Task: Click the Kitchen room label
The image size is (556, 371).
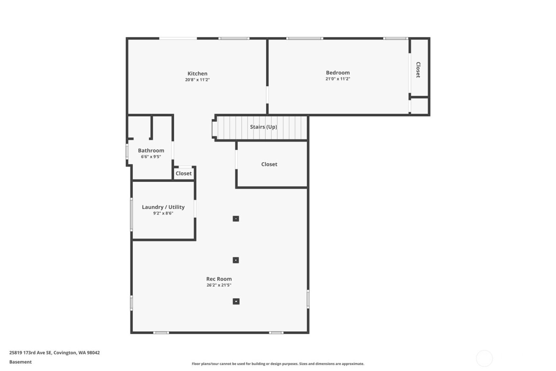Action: (197, 74)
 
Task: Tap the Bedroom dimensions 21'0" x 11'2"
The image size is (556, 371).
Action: (338, 79)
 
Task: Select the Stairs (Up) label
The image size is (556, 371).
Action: (263, 127)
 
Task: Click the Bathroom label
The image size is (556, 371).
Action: (151, 150)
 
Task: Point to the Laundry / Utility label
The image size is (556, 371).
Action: (163, 207)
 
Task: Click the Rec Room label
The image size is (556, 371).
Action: (219, 279)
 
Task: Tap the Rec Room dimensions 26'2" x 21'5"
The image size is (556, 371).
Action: (219, 285)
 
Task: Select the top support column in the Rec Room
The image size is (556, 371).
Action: (236, 218)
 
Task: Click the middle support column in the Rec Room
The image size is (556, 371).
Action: (236, 260)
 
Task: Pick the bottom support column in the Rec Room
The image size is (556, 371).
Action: (236, 301)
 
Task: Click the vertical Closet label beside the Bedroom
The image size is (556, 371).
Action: (418, 70)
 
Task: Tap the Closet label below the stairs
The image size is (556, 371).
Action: (269, 164)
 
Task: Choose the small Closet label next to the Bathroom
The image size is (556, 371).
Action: (183, 173)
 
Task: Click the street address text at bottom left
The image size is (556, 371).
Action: (54, 353)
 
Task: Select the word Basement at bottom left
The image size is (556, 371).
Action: (21, 362)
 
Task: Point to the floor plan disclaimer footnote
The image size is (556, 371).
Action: (278, 364)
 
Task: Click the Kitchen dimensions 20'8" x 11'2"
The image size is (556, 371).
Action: (197, 80)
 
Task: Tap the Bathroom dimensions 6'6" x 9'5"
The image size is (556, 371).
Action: (151, 157)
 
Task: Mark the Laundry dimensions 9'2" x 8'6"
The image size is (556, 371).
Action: (163, 214)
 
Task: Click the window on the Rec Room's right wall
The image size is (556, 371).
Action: (308, 299)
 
